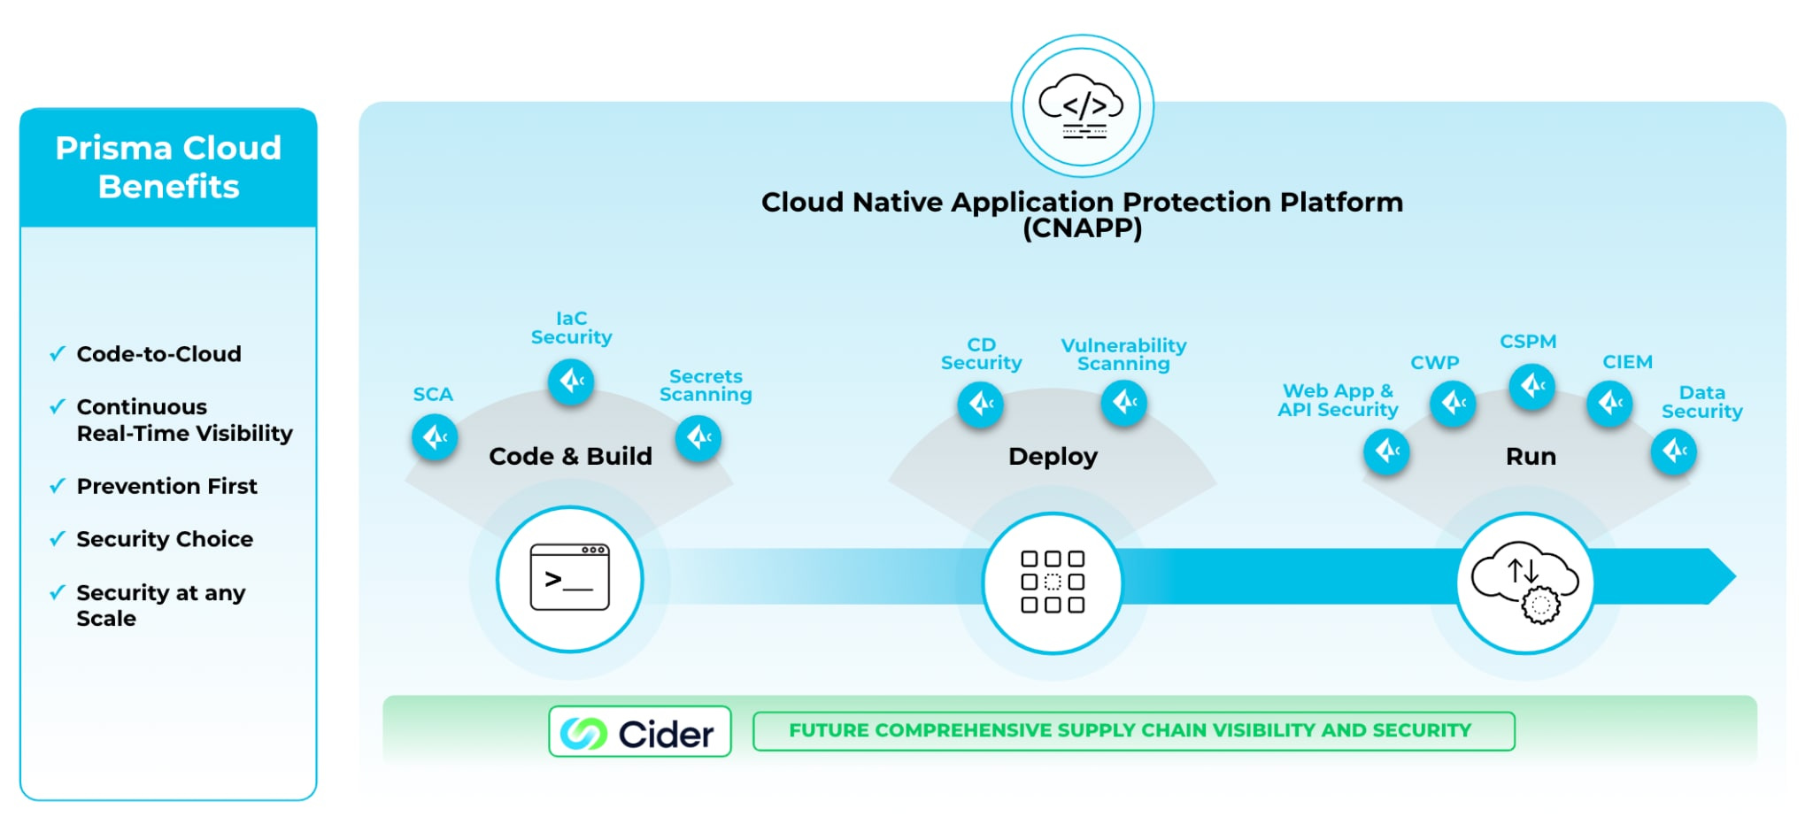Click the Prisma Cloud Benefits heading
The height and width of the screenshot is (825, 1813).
tap(168, 167)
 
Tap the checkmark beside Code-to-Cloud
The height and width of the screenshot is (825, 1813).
tap(58, 354)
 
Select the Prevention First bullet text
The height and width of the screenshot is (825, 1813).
tap(166, 486)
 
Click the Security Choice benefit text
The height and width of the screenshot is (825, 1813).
tap(165, 539)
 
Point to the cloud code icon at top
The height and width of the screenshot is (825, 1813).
tap(1082, 107)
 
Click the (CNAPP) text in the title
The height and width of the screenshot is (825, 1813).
tap(1082, 228)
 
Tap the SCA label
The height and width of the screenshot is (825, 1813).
tap(433, 394)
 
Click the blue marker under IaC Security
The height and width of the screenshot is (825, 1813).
tap(571, 382)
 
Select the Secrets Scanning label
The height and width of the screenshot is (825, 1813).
tap(706, 385)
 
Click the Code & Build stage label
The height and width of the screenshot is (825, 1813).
tap(570, 456)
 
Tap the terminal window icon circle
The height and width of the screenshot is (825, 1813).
tap(569, 579)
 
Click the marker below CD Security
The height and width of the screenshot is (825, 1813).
tap(980, 405)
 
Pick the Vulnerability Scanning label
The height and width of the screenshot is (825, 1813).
tap(1123, 354)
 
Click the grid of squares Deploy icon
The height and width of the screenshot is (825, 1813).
tap(1052, 582)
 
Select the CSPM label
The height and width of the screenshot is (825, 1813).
tap(1527, 341)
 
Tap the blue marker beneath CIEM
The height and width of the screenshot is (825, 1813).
tap(1609, 404)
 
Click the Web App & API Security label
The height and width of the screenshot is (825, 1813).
tap(1337, 400)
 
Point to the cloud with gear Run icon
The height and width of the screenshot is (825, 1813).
tap(1524, 582)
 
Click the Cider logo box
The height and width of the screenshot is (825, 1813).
tap(639, 731)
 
